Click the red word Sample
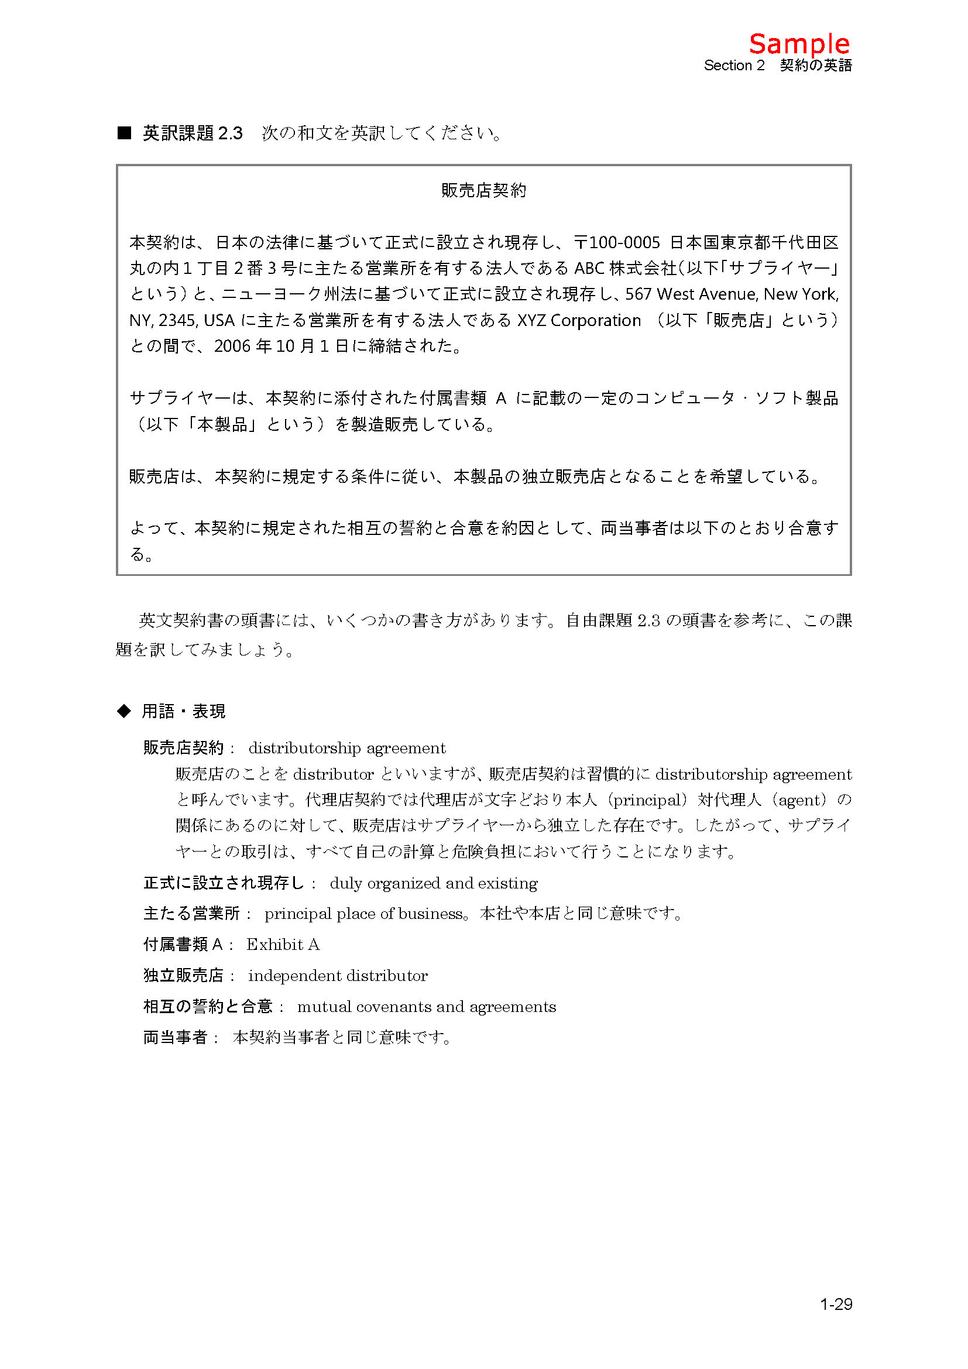(x=799, y=44)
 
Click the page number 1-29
(x=836, y=1305)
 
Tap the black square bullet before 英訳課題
(x=124, y=133)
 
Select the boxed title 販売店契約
(x=483, y=190)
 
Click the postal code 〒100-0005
(x=617, y=242)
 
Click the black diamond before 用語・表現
(x=123, y=711)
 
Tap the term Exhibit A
(x=283, y=944)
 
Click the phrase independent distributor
(x=338, y=975)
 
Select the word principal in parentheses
(x=647, y=800)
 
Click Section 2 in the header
(x=734, y=66)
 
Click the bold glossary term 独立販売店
(x=183, y=975)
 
